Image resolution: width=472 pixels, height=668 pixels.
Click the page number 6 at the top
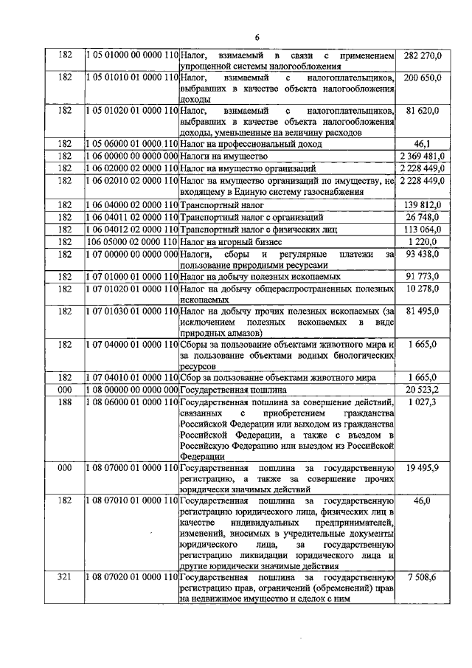(257, 37)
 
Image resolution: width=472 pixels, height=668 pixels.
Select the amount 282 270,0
(423, 55)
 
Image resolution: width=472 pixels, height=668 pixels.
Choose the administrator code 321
(64, 577)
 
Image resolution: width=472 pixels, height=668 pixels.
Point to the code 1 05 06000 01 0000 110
(132, 145)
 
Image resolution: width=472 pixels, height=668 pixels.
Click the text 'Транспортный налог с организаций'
(251, 217)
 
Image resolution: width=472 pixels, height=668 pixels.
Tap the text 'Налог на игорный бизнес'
(233, 241)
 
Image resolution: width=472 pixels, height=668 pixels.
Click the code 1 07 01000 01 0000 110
(132, 277)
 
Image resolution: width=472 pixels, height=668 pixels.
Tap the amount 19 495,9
(423, 468)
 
